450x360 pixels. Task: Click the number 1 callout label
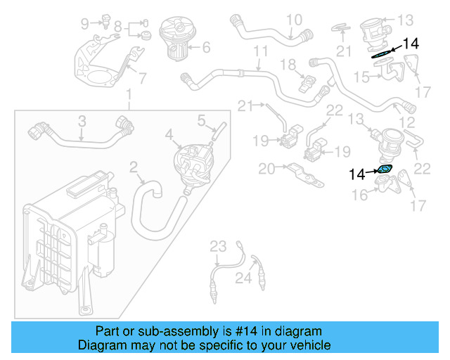(x=129, y=95)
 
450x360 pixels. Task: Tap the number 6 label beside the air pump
(x=206, y=49)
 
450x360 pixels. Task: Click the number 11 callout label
(x=261, y=52)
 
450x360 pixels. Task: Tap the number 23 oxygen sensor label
(x=219, y=246)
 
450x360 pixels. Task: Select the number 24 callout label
(x=243, y=278)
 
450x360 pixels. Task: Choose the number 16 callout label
(x=360, y=194)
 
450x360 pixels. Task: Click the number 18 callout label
(x=289, y=64)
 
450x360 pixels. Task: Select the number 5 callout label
(x=200, y=120)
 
